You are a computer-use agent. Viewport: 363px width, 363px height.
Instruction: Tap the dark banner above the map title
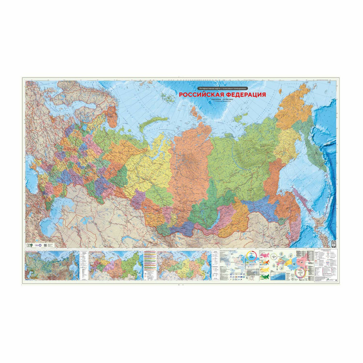coord(223,88)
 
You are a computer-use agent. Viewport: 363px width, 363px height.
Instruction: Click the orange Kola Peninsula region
coord(112,117)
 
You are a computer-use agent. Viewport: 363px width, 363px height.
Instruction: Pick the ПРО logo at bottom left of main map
coord(27,245)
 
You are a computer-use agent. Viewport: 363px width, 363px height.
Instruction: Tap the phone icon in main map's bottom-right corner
coord(334,244)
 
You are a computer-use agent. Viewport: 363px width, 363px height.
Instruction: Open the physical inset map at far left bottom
coord(52,265)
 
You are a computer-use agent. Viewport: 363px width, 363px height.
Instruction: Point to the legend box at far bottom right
coord(325,265)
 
